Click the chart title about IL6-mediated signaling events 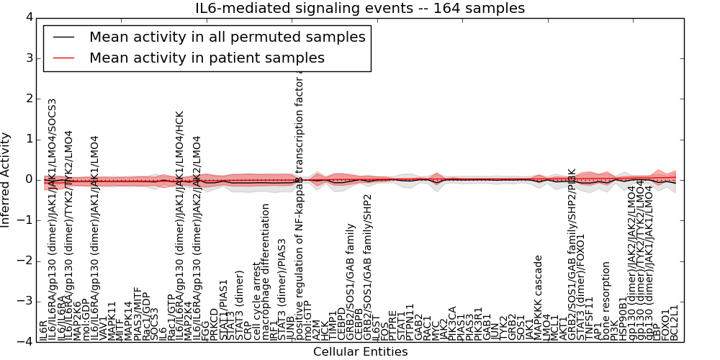click(x=360, y=8)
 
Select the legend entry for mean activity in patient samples click(x=207, y=58)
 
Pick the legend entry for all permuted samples click(x=227, y=37)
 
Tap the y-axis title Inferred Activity click(x=6, y=179)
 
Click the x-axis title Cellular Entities click(x=360, y=352)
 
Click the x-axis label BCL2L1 click(x=675, y=323)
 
